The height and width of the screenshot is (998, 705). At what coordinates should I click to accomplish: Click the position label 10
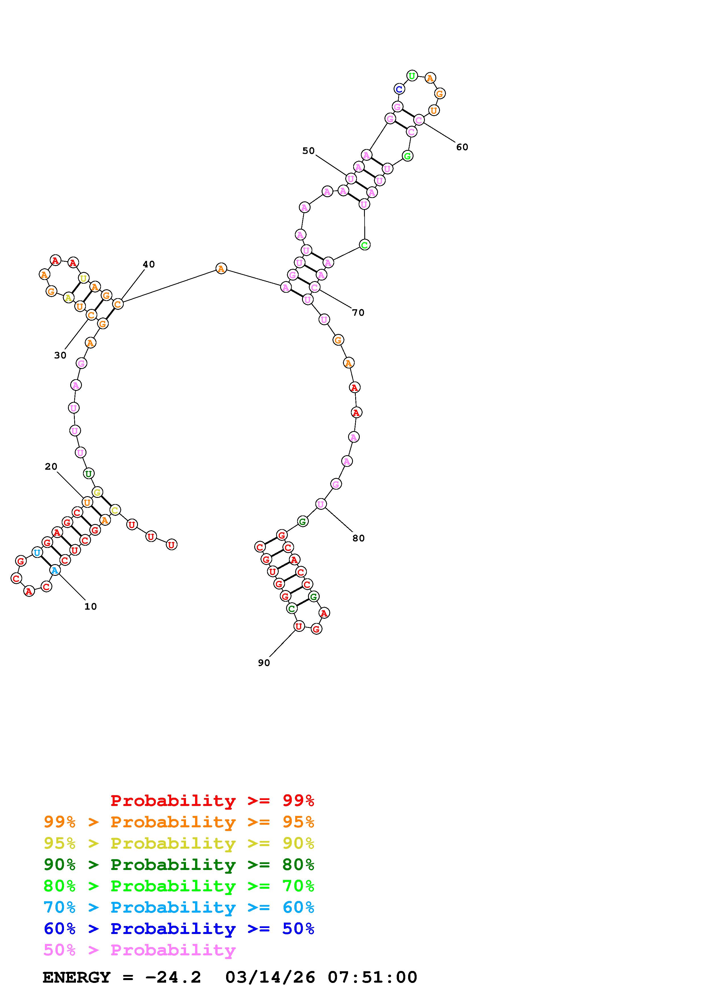click(90, 606)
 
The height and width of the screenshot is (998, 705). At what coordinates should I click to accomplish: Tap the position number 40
click(148, 264)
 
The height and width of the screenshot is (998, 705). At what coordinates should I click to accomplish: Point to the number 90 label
click(264, 663)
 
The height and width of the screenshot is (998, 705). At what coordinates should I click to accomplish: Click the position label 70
click(358, 313)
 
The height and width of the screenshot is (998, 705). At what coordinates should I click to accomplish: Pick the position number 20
click(51, 466)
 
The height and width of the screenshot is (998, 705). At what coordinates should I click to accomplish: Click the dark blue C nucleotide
click(399, 89)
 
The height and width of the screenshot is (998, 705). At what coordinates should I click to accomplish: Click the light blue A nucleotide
click(54, 570)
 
